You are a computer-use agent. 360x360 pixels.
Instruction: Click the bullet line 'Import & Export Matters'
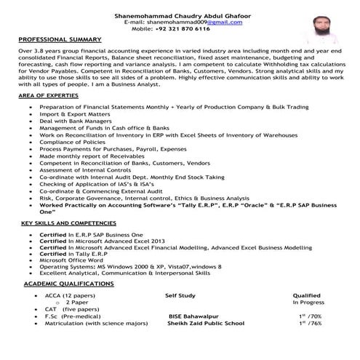pyautogui.click(x=74, y=114)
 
